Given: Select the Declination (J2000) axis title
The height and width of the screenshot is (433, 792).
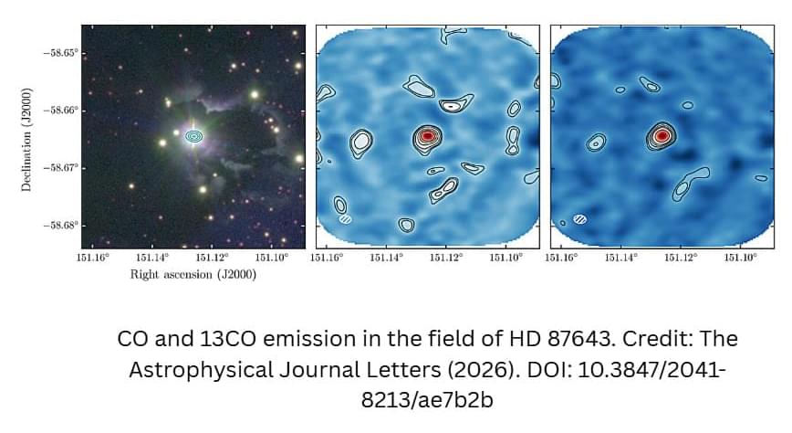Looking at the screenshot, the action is coord(26,140).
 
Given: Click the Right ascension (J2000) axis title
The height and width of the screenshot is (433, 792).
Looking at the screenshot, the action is coord(193,275).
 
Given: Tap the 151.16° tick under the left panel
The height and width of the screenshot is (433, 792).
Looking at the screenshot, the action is coord(93,258).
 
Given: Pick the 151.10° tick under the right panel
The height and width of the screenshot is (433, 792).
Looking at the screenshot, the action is coord(741,258).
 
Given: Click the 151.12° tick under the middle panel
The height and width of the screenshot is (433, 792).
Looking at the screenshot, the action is coord(446,258).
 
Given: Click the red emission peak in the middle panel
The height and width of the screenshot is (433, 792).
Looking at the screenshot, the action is coord(427,135).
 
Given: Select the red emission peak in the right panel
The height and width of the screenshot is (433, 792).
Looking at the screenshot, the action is coord(662,135).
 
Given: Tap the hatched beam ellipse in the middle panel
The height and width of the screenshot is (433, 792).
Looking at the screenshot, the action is coord(346,219).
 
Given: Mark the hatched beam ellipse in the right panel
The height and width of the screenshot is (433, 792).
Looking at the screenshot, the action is coord(580,219).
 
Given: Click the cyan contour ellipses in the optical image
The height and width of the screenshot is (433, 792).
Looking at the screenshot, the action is coord(194,136).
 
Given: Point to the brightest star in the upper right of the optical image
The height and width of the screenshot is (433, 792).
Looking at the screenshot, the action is coord(255,94).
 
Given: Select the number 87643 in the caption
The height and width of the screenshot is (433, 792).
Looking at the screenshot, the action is coord(579,338).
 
